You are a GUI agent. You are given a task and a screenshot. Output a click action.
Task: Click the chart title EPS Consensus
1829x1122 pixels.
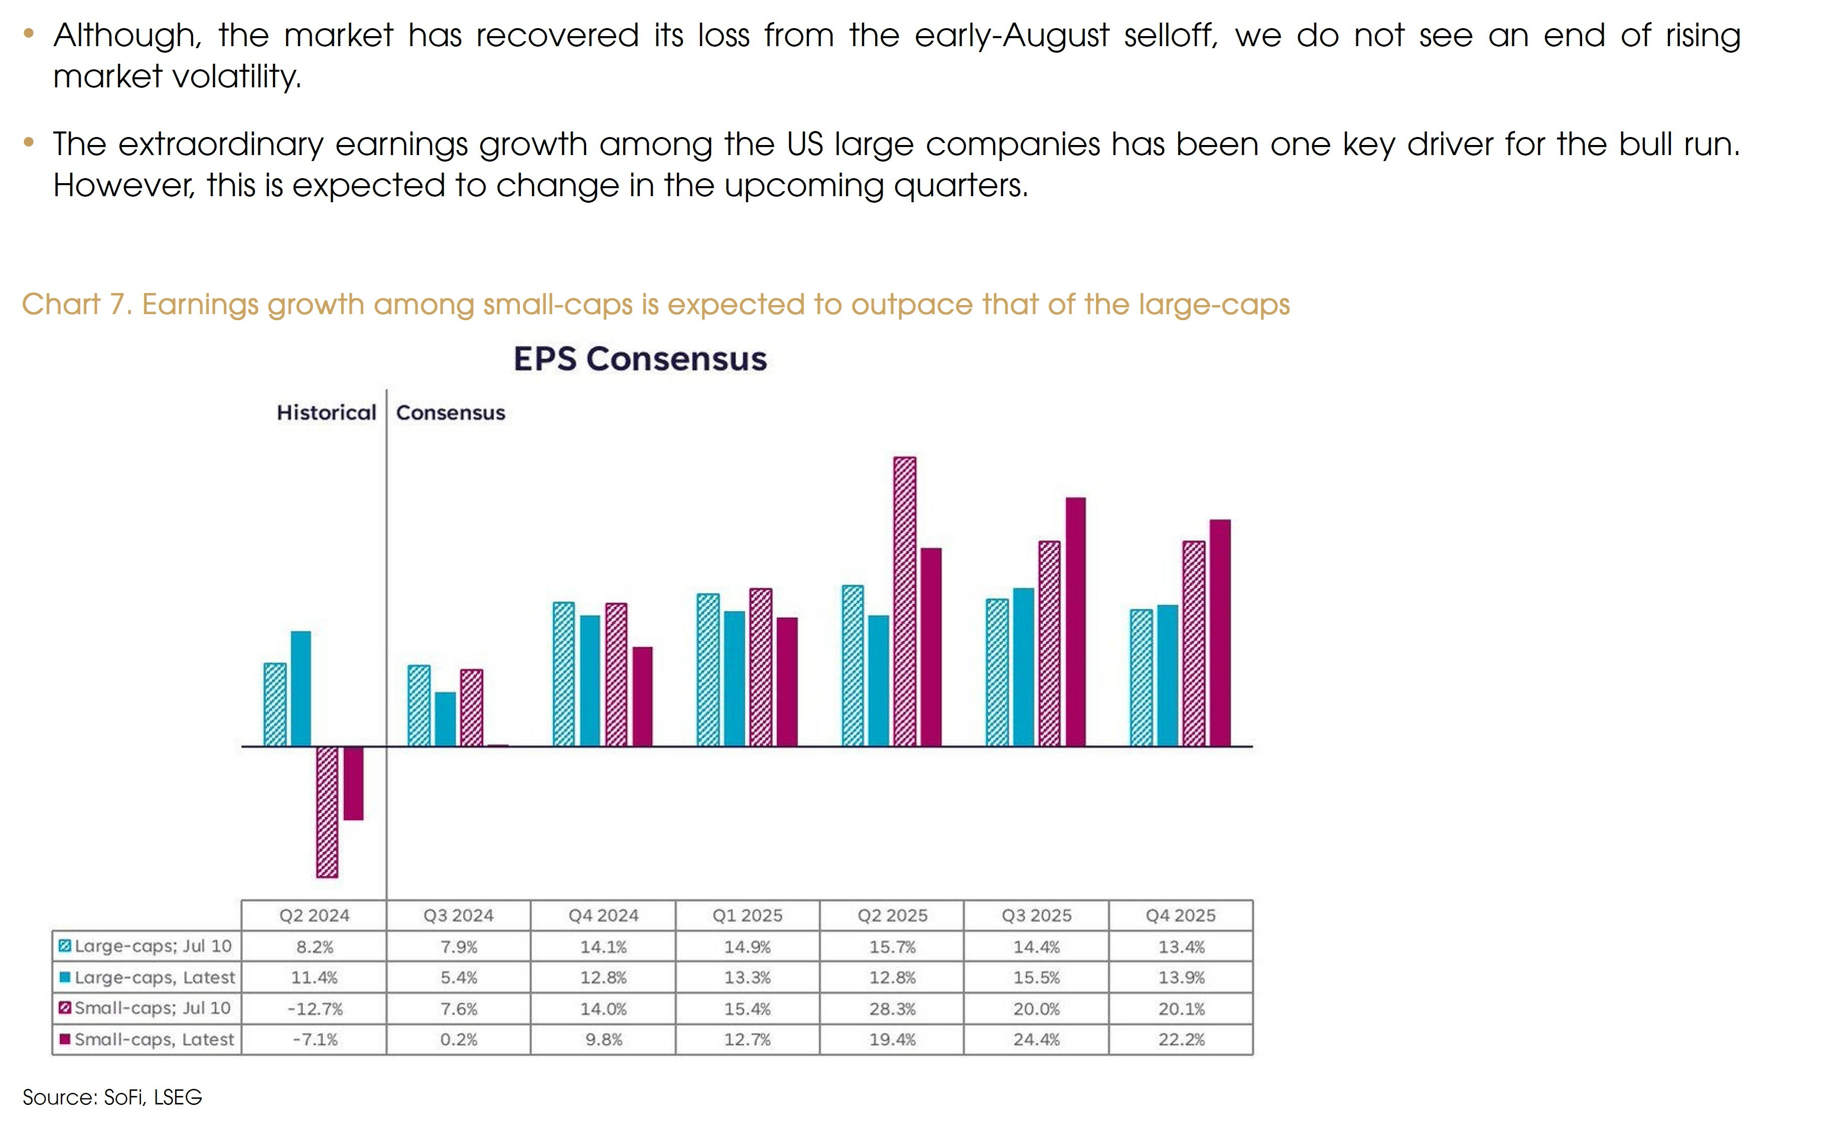point(640,359)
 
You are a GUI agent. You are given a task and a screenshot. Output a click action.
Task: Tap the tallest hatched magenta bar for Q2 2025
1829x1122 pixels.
point(905,601)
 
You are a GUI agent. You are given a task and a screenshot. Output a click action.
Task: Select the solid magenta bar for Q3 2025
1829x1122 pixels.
point(1076,622)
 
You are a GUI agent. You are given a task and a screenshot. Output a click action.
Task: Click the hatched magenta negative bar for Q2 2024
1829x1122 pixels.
point(327,812)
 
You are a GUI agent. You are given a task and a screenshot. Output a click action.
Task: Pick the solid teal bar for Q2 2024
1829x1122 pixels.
point(301,688)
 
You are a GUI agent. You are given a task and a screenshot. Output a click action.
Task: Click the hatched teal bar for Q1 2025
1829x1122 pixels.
point(708,670)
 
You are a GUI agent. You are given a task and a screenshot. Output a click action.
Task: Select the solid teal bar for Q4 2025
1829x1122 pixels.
point(1167,675)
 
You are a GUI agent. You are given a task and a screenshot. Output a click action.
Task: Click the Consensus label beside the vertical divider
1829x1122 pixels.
point(451,412)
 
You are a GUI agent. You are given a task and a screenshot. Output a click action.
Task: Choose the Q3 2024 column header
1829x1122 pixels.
point(458,916)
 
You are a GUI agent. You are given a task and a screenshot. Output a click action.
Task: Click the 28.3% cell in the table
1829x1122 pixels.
point(892,1009)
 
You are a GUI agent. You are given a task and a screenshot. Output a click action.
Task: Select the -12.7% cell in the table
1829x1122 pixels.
point(315,1009)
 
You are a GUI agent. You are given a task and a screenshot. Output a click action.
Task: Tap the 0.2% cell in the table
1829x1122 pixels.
point(458,1040)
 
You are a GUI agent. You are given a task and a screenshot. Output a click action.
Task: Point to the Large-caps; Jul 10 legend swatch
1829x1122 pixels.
point(65,946)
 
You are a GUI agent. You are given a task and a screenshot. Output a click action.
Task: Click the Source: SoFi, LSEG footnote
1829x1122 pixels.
point(112,1097)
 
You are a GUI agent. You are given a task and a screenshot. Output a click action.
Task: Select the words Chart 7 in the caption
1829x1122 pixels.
point(76,304)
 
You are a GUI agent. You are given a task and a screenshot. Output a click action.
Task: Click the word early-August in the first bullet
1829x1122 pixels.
point(1012,36)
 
